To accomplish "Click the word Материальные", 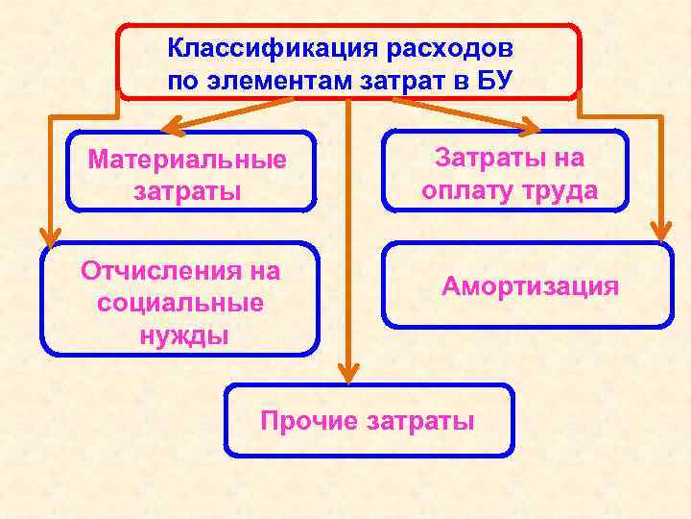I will coord(187,159).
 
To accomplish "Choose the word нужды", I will coord(181,336).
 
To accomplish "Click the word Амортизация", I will coord(530,286).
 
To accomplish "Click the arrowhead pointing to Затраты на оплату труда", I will coord(531,126).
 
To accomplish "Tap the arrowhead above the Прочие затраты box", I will coord(349,371).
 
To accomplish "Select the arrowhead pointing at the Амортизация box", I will coord(660,230).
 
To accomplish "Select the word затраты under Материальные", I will coord(188,190).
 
